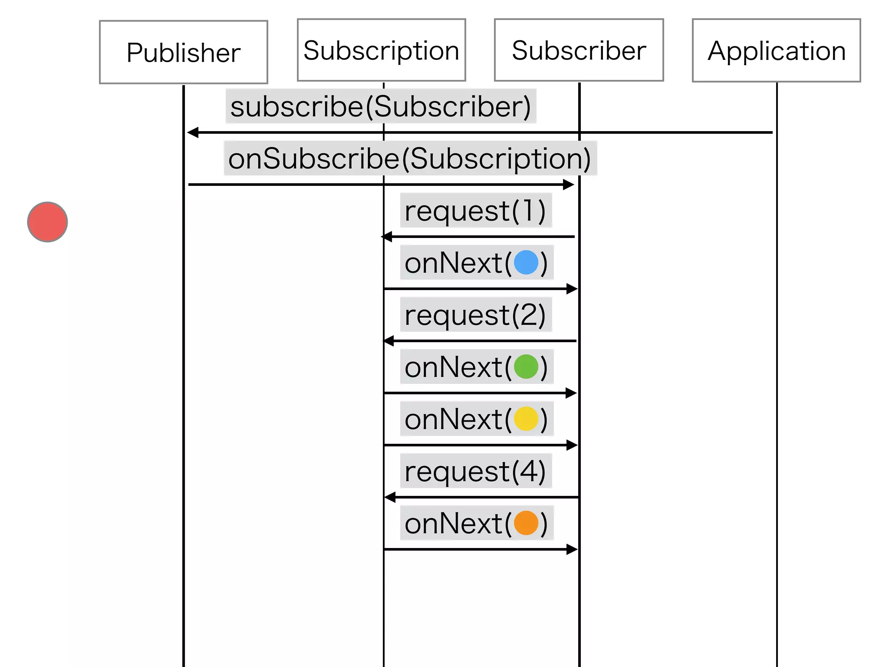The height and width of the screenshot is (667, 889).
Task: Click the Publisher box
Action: [183, 52]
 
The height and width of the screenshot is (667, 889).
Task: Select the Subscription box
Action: [381, 50]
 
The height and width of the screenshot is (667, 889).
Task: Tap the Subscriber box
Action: [579, 50]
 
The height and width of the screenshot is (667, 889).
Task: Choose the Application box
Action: [776, 50]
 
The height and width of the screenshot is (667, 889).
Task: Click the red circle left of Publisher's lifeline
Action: [47, 222]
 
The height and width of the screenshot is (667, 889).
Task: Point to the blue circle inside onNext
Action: [526, 262]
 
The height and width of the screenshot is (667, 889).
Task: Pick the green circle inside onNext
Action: [526, 367]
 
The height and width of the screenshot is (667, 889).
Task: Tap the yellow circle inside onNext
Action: [526, 419]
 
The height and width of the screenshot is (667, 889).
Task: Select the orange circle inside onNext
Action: [526, 523]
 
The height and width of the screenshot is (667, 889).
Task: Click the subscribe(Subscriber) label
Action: [381, 106]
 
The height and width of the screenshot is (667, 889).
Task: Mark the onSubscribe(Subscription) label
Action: [410, 158]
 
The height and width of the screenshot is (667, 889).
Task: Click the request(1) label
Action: [475, 211]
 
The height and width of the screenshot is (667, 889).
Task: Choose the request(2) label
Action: [475, 315]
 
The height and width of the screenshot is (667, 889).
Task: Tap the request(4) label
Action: [475, 471]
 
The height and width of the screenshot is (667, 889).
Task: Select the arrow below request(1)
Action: [477, 237]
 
